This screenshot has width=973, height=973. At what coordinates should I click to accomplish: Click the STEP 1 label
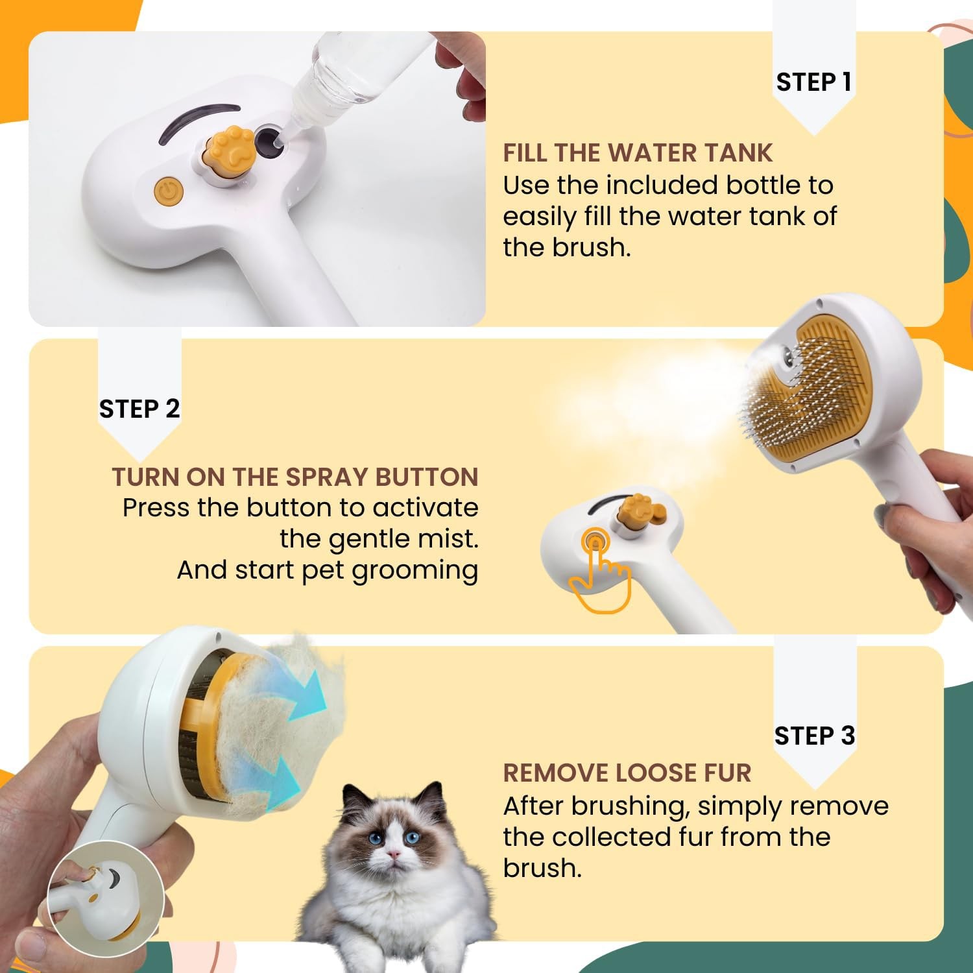point(813,82)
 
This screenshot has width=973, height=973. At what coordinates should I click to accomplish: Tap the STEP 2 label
point(139,409)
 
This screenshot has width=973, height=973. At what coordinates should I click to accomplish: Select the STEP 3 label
point(814,736)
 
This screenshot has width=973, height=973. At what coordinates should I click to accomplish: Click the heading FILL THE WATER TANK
point(638,153)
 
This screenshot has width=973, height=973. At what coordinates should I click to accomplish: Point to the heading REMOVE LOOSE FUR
point(627,773)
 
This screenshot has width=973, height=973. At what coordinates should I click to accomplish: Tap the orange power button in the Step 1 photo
point(169,191)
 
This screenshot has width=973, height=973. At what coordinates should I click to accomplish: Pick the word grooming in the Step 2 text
point(415,571)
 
